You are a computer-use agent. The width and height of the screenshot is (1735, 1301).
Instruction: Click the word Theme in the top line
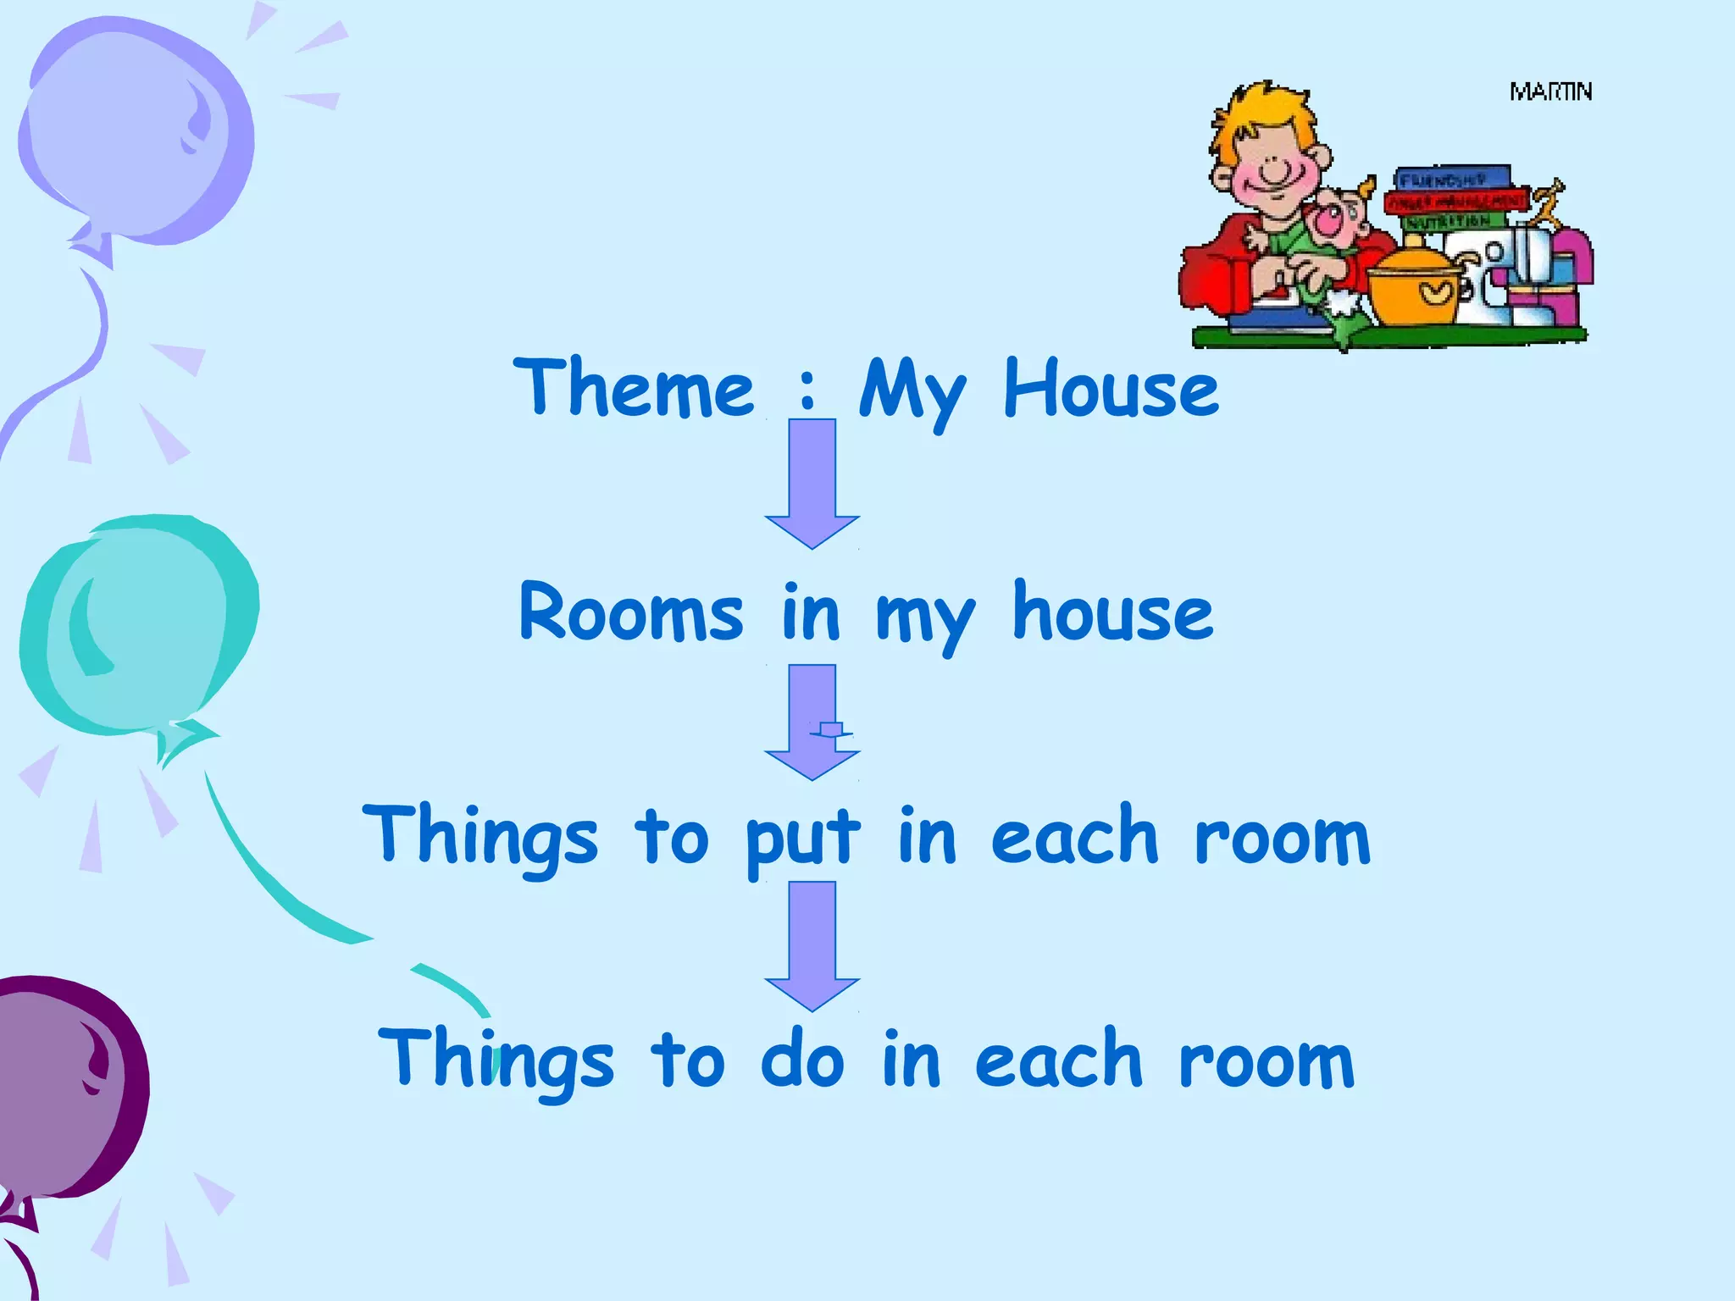tap(633, 388)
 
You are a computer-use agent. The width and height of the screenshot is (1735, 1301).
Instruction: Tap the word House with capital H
tap(1111, 388)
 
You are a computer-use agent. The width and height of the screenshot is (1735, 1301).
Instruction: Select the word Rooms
tap(631, 612)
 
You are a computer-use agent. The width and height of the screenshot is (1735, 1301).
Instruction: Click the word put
tap(802, 838)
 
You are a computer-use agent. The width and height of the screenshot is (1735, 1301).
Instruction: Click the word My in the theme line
tap(912, 391)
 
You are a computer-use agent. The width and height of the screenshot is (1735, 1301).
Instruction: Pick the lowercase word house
tap(1112, 612)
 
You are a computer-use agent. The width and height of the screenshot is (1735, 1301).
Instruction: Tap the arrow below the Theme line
tap(812, 483)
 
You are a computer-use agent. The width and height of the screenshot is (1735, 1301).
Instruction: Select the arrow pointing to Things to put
tap(812, 720)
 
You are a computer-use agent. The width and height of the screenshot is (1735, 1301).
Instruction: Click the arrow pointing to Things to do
tap(812, 944)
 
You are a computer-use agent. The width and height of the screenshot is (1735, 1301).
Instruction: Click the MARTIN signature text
tap(1550, 91)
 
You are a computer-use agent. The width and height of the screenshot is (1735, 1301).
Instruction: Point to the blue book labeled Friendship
tap(1452, 179)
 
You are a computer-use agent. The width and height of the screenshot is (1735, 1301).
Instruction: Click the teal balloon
tap(136, 627)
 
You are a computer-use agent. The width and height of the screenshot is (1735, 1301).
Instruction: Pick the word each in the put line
tap(1073, 838)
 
